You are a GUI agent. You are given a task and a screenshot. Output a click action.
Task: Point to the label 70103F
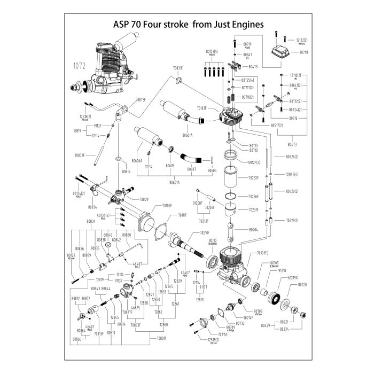tap(201, 107)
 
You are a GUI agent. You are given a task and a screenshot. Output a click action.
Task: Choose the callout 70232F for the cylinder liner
tap(253, 178)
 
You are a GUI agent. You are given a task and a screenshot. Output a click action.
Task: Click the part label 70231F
tap(253, 210)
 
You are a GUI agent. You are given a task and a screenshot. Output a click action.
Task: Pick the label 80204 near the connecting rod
tap(253, 230)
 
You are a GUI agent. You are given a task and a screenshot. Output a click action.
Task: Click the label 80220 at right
tap(302, 285)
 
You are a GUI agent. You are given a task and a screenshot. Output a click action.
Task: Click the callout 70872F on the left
tap(79, 155)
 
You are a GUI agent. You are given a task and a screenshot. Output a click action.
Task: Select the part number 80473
tap(293, 144)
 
